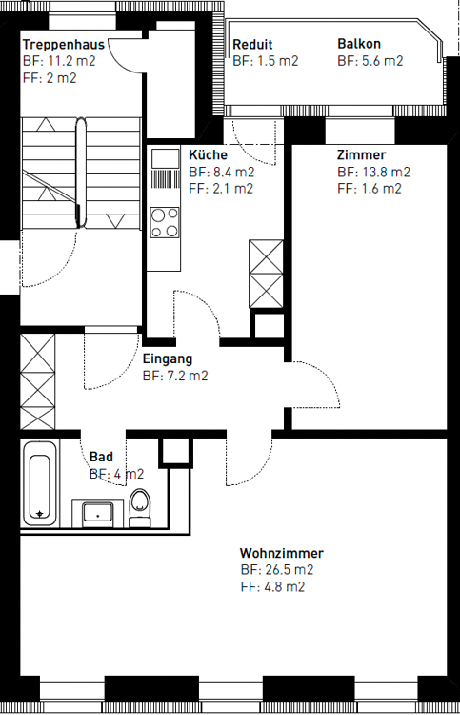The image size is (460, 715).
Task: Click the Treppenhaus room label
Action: coord(63,45)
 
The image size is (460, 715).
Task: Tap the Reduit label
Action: coord(252,45)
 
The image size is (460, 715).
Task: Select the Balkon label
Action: coord(359,45)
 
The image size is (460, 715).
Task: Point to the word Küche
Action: coord(208,155)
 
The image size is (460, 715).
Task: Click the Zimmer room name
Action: coord(361,155)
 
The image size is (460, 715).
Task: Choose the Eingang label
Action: coord(168,359)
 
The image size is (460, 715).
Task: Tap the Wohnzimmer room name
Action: coord(281,553)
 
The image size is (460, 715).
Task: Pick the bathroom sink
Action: coord(98,513)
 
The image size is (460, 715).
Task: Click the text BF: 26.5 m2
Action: coord(276,570)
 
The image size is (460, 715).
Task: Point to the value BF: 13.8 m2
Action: coord(373,173)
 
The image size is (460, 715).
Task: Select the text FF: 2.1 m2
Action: coord(221,189)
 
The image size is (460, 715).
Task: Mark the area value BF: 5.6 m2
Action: coord(370,61)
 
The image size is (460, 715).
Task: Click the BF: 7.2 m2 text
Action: coord(175,377)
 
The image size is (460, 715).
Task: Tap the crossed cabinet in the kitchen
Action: coord(266,272)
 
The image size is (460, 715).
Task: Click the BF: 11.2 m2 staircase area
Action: coord(59,61)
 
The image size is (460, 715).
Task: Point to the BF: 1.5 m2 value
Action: coord(265,61)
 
